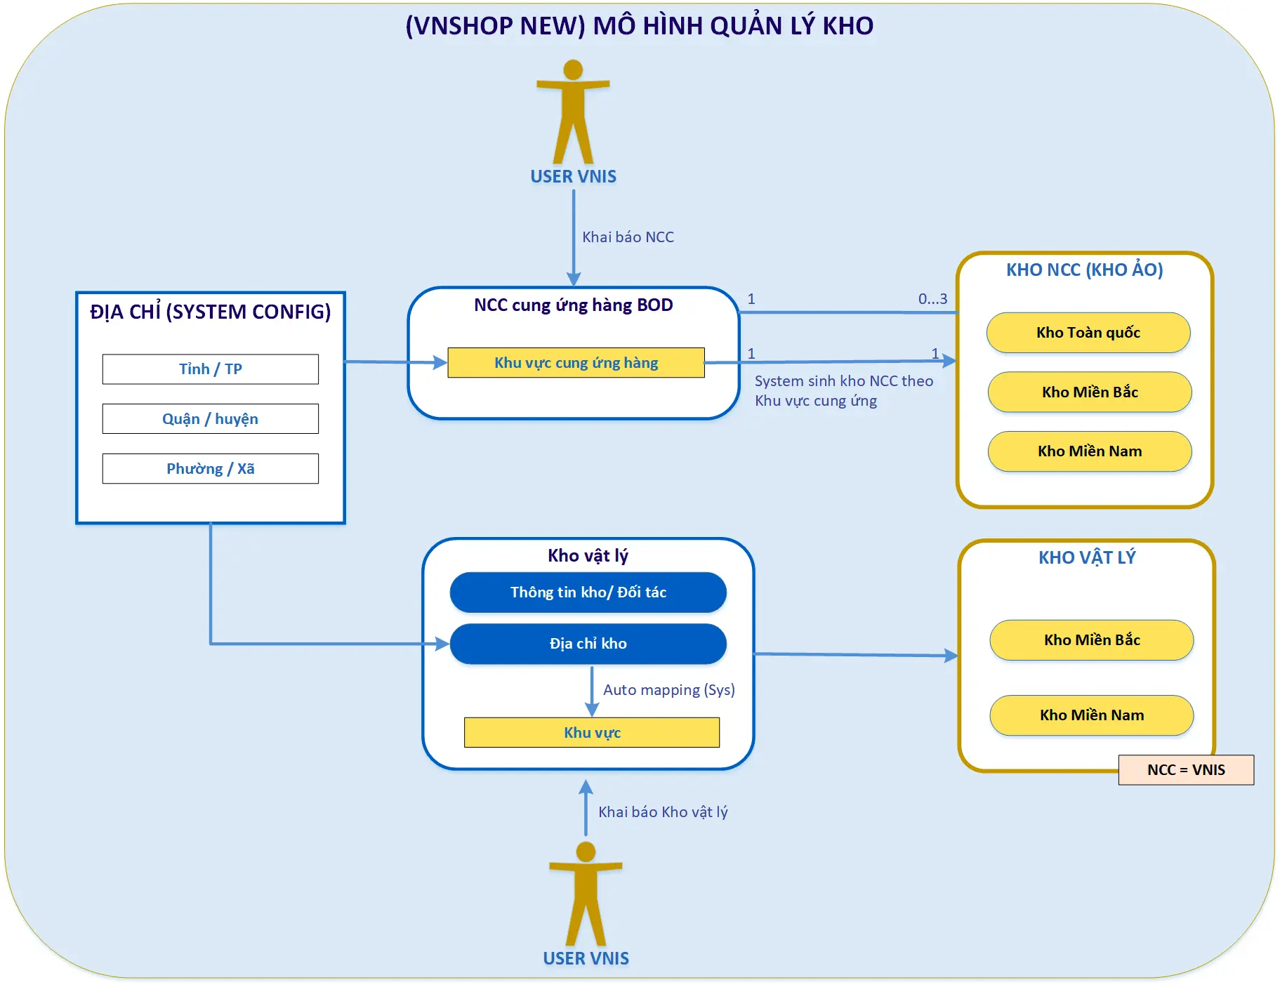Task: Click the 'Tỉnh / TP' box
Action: (210, 369)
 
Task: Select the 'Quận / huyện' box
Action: (210, 419)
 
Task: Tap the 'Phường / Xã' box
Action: (210, 469)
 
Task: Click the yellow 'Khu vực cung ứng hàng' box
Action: (576, 363)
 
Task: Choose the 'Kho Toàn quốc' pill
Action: (1088, 333)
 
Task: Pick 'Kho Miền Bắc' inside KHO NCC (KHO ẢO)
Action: (1090, 392)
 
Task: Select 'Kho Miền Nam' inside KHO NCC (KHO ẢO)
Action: (1090, 451)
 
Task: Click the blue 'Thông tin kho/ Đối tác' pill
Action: (588, 592)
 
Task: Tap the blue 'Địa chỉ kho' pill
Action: (588, 644)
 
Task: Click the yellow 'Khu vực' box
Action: (592, 733)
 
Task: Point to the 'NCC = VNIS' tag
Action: (1186, 770)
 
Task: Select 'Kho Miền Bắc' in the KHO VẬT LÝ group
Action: (1092, 640)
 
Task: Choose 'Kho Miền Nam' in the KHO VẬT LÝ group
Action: (1092, 715)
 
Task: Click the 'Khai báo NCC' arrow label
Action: (628, 237)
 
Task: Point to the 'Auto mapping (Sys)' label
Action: (669, 690)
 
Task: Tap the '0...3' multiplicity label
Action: (932, 299)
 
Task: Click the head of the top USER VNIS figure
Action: (573, 69)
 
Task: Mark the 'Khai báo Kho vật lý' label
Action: (663, 812)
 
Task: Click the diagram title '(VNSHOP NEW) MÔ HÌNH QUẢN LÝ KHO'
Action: (640, 26)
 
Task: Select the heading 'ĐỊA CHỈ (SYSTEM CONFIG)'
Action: (210, 312)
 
